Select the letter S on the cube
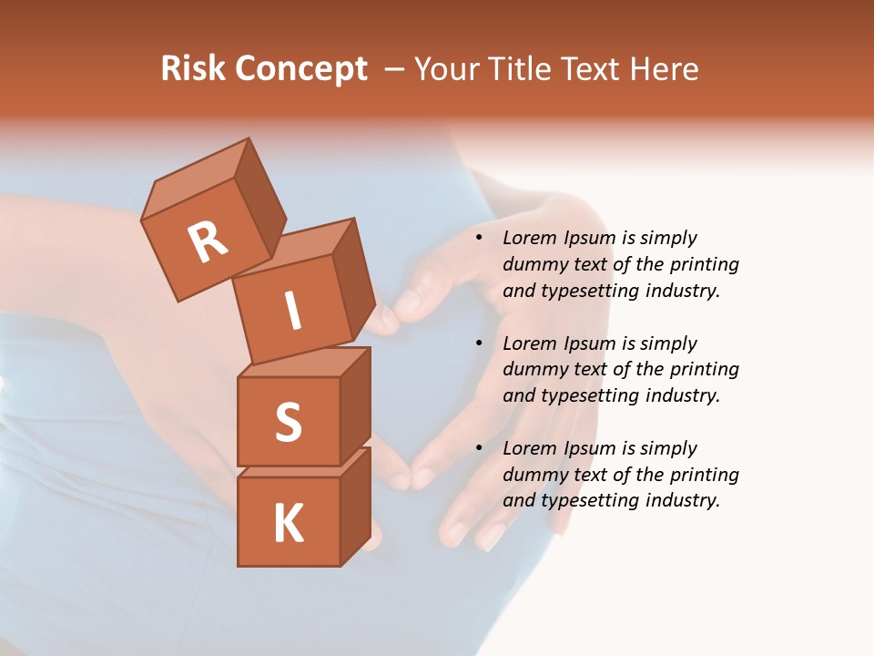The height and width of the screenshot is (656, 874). (288, 422)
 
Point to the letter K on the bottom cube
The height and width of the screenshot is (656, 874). (288, 524)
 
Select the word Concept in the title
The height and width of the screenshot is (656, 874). (301, 69)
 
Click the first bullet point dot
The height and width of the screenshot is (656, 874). (479, 238)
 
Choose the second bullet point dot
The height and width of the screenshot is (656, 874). (479, 343)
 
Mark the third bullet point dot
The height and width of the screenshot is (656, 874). (479, 448)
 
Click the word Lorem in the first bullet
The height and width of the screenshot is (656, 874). (529, 238)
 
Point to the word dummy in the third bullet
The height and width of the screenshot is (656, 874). (534, 475)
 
